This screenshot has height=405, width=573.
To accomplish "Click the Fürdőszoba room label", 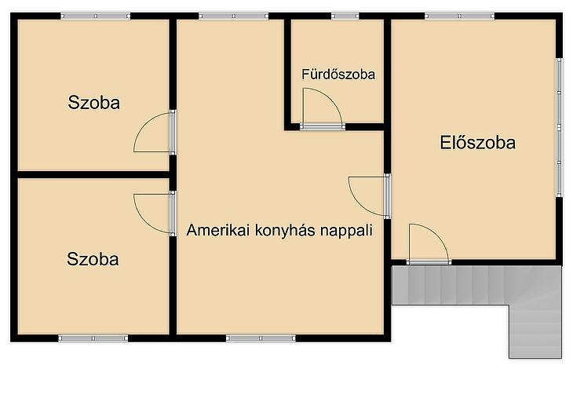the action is [338, 75].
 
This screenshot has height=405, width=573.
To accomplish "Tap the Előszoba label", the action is [477, 143].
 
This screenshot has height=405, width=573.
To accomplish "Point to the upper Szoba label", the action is [94, 103].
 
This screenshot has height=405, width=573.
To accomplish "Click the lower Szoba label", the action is [93, 259].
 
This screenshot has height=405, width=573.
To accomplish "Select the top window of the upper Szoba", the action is [95, 16].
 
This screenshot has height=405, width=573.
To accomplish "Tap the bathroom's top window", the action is [345, 16].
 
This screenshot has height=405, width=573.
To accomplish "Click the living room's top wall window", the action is [233, 16].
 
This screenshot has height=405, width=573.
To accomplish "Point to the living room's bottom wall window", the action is [261, 338].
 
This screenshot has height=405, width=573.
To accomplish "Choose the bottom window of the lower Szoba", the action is [93, 338].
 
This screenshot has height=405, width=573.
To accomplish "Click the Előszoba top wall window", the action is [459, 16].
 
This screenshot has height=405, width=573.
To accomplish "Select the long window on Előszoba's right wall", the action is [559, 128].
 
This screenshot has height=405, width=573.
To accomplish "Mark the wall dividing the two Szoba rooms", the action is [93, 174].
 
